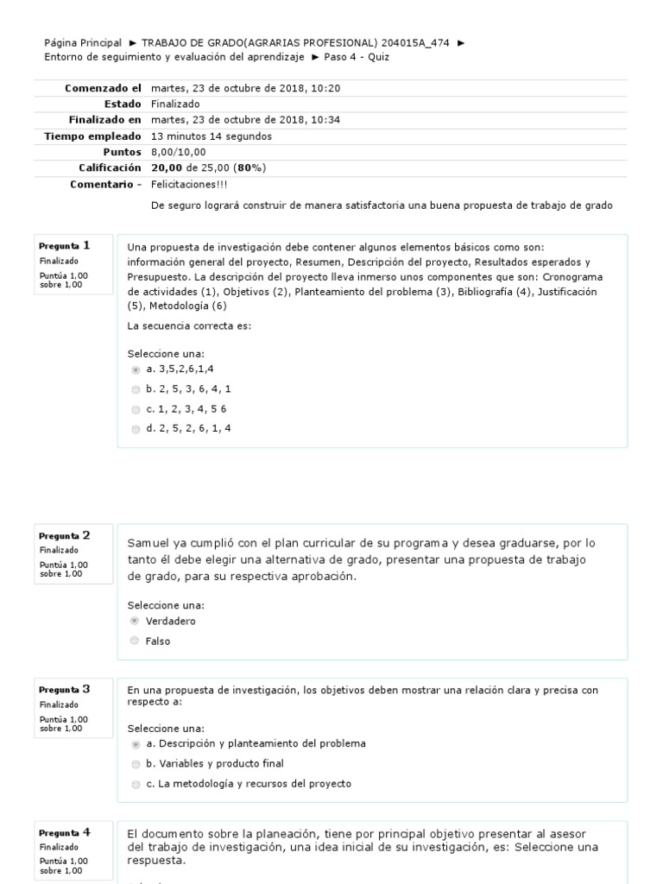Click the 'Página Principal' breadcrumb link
point(83,42)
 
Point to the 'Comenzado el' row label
point(102,88)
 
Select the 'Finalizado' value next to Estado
point(175,104)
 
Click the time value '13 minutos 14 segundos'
point(211,136)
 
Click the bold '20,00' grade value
point(166,167)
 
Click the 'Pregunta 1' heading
point(64,246)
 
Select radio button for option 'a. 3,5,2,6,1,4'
point(136,369)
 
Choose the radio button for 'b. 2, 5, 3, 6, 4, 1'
point(136,389)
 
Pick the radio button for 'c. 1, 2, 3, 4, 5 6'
point(136,409)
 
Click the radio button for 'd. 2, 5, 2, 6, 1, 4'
point(136,429)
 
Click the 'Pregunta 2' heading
point(64,536)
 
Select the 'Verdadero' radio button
point(134,621)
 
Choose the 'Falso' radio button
point(134,641)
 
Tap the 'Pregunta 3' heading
point(64,690)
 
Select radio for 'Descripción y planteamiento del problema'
point(136,743)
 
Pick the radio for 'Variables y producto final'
point(136,764)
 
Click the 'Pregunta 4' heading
point(64,833)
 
